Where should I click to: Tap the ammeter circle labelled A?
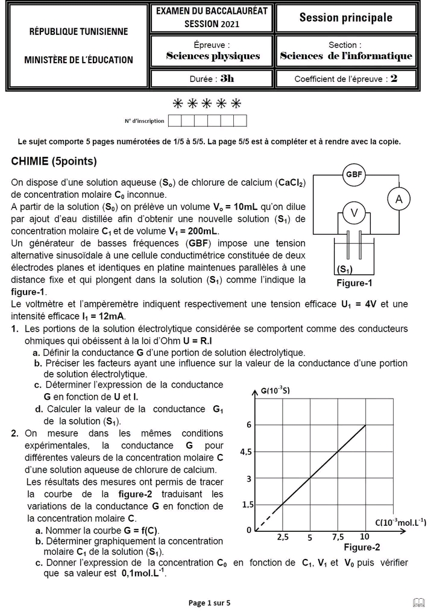click(398, 198)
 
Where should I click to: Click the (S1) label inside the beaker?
click(345, 270)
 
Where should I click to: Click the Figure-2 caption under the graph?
click(362, 547)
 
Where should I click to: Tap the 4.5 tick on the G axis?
click(246, 452)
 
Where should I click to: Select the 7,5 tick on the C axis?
click(338, 537)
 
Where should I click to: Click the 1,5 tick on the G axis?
click(247, 505)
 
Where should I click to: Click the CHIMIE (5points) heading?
click(54, 162)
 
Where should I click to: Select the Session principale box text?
click(345, 18)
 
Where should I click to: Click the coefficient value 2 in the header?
click(394, 78)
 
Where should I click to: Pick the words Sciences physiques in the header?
click(213, 56)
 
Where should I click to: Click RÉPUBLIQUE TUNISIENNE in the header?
click(78, 32)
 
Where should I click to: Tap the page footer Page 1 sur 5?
click(209, 602)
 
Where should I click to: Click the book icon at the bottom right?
click(418, 601)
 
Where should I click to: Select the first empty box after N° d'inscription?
click(175, 121)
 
